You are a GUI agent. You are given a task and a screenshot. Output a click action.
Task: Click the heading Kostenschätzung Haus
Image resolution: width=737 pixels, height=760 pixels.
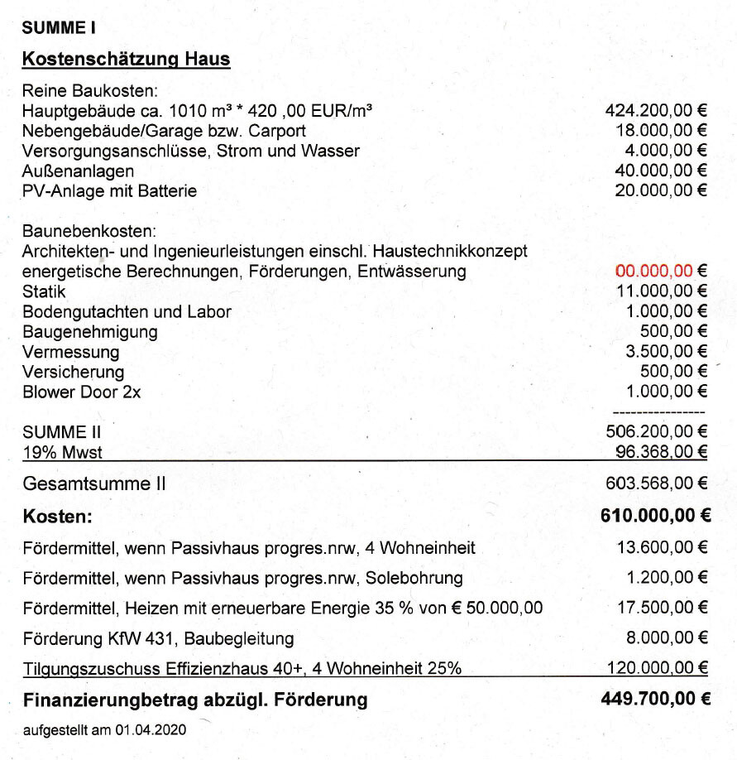[126, 60]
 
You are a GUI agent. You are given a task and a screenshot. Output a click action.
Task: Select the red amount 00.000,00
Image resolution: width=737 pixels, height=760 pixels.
[653, 271]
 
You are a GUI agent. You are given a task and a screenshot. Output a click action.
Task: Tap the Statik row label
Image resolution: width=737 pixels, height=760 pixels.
[44, 291]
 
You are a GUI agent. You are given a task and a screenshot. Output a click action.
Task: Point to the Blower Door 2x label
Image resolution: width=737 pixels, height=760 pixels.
[81, 392]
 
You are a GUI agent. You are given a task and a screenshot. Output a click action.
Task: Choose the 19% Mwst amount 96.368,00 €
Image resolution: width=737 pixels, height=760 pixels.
[661, 451]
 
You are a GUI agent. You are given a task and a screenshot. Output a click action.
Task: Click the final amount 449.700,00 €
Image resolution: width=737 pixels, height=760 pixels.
[655, 700]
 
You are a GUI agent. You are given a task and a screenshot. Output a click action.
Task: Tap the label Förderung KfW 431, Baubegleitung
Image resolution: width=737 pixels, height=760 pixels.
[158, 638]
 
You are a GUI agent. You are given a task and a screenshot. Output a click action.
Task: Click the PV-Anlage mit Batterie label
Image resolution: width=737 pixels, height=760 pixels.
[109, 190]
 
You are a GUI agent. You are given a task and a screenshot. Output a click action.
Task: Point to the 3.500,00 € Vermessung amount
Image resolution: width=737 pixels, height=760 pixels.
[666, 352]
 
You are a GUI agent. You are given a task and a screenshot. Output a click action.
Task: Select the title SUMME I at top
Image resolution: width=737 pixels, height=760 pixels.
[59, 26]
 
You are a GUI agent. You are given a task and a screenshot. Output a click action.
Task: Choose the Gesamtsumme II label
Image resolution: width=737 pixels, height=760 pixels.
[93, 483]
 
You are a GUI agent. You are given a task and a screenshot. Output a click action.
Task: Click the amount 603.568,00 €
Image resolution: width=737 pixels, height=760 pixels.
[657, 483]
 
